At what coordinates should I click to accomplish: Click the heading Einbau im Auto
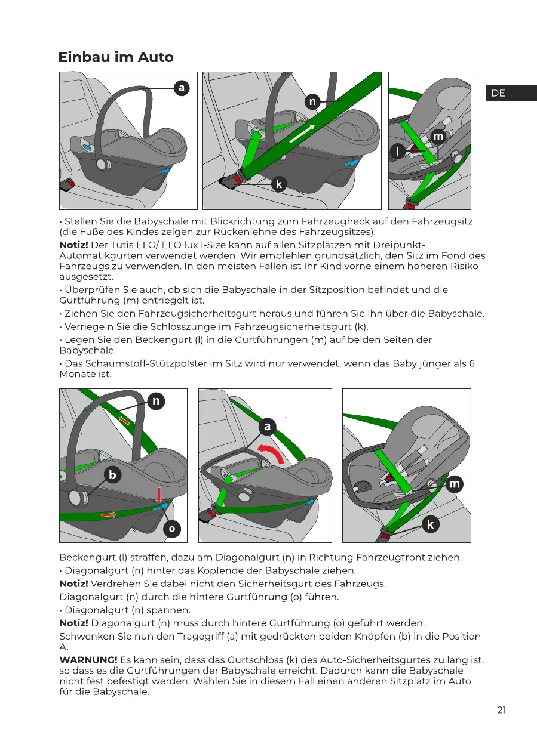116,57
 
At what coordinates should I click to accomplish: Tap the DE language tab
498,93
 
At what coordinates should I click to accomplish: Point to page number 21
501,709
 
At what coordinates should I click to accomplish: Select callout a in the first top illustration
181,88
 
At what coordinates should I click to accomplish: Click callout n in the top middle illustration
311,102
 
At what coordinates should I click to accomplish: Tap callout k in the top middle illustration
278,184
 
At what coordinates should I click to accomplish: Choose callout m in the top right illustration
439,137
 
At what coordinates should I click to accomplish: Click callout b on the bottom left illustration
112,474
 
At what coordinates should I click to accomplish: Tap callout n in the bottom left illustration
155,401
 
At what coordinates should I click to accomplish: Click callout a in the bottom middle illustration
267,426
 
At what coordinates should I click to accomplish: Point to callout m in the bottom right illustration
455,484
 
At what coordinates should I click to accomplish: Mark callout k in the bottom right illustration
431,524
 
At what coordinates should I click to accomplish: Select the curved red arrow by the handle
272,455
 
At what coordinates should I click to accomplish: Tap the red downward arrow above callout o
159,495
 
